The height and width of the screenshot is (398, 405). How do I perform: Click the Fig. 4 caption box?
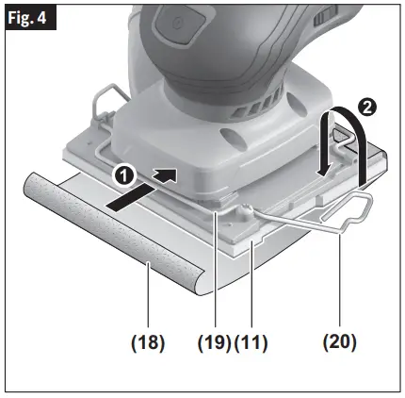tap(28, 17)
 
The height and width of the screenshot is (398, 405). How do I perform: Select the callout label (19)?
tap(212, 341)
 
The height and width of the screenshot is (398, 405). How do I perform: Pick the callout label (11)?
tap(251, 341)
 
